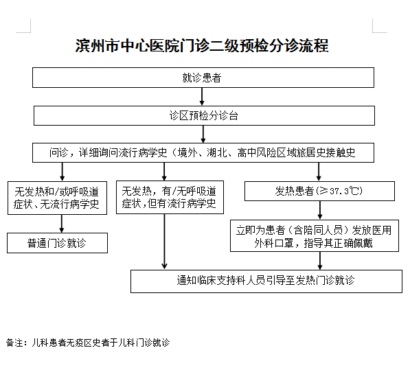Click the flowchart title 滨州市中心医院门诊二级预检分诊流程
click(202, 46)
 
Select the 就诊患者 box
click(203, 78)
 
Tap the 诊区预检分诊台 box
click(204, 115)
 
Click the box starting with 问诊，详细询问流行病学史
click(203, 152)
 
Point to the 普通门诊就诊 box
click(57, 243)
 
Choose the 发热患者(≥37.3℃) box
click(319, 191)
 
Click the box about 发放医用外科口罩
click(315, 235)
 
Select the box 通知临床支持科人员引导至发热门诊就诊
click(266, 281)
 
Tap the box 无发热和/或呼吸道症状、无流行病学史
click(57, 198)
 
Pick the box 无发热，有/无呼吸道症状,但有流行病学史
click(170, 197)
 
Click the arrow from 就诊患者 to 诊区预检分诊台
click(202, 97)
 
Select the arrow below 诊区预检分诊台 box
click(203, 134)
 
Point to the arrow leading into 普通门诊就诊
click(62, 224)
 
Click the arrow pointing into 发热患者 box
click(319, 172)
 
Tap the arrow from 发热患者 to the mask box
click(320, 210)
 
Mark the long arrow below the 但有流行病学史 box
click(164, 242)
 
